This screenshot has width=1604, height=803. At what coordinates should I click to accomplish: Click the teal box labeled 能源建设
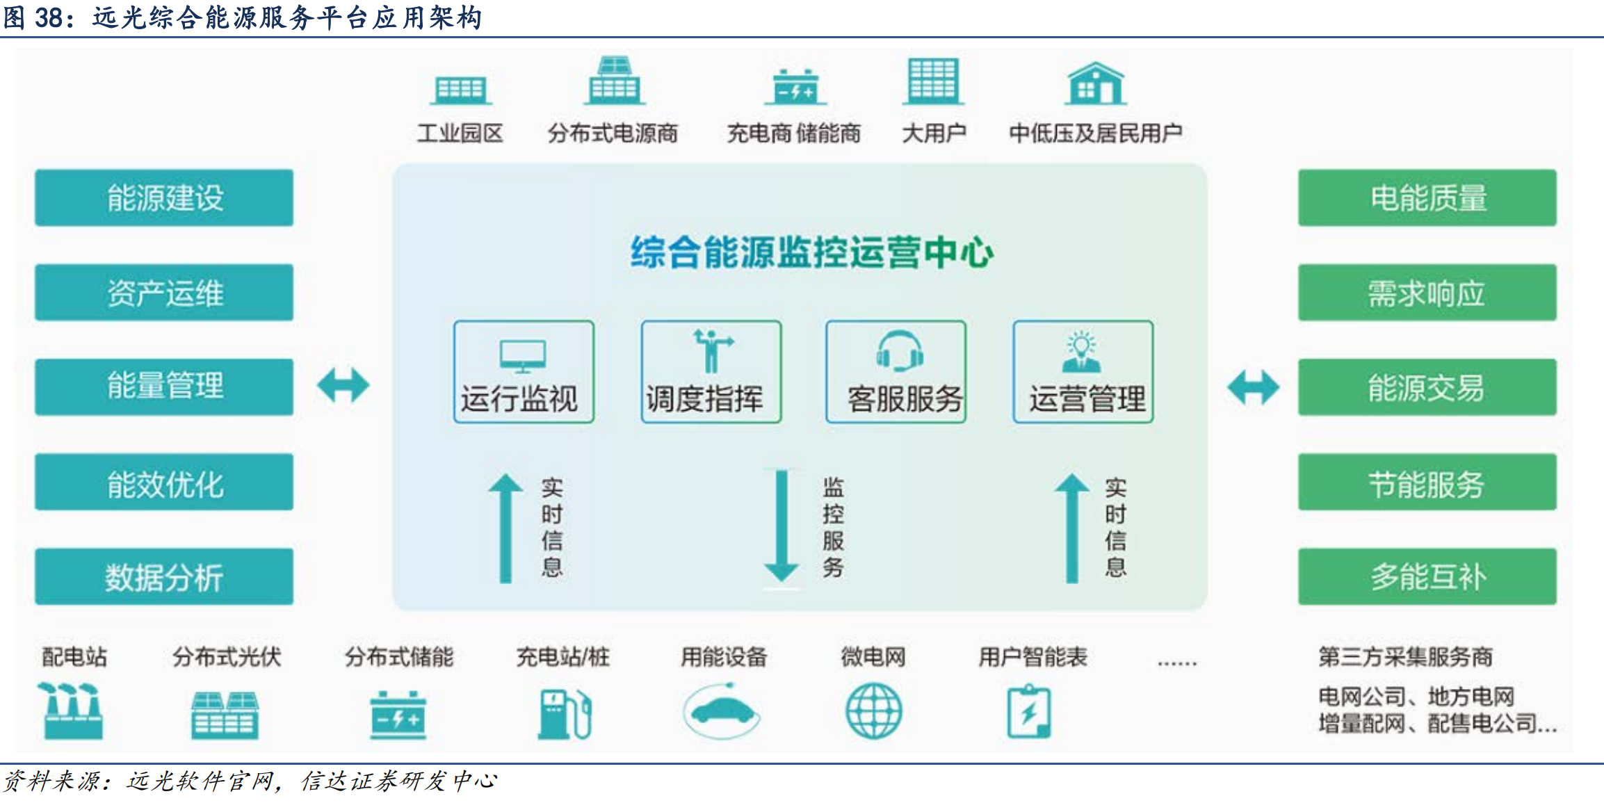(164, 197)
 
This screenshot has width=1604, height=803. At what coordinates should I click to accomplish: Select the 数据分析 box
(164, 576)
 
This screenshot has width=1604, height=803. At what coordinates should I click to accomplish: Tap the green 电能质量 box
(1427, 197)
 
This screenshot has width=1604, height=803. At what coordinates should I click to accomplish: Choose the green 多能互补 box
(1427, 576)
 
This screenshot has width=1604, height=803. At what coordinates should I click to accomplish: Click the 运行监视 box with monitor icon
(524, 372)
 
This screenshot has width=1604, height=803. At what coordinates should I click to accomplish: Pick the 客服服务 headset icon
(900, 350)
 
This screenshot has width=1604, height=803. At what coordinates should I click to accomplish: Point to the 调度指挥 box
(711, 372)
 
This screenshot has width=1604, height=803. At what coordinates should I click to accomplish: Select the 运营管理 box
(1083, 372)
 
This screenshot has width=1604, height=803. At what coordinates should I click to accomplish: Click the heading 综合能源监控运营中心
(812, 252)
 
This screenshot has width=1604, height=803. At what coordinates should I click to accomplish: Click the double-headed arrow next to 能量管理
(343, 385)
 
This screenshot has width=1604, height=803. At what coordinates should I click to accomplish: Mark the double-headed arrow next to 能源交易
(1253, 387)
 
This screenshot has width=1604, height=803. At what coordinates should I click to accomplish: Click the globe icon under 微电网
(873, 711)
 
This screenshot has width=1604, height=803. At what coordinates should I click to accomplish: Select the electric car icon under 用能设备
(722, 711)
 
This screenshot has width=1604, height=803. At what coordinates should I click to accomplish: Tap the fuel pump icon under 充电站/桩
(565, 713)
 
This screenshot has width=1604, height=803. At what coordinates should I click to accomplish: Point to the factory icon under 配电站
(72, 710)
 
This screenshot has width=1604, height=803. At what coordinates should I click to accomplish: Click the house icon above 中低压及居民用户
(1096, 83)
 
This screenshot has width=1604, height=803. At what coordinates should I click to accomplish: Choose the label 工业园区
(460, 133)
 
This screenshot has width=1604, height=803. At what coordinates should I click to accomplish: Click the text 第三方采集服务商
(1405, 656)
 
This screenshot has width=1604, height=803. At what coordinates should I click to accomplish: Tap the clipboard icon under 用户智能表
(1029, 711)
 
